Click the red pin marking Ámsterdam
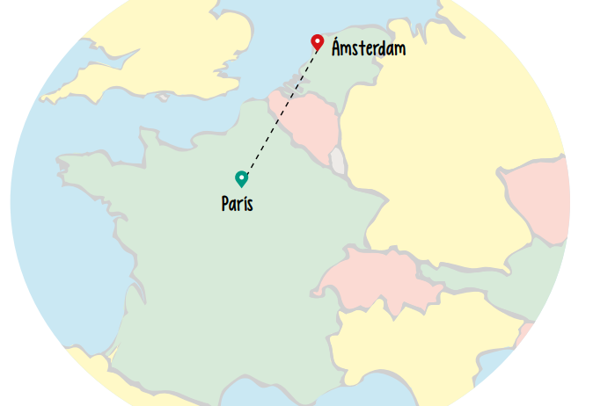[318, 41]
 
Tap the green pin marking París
[241, 178]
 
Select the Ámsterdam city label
[369, 48]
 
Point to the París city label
[238, 205]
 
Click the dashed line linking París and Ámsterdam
[280, 110]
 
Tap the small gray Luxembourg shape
[337, 161]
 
